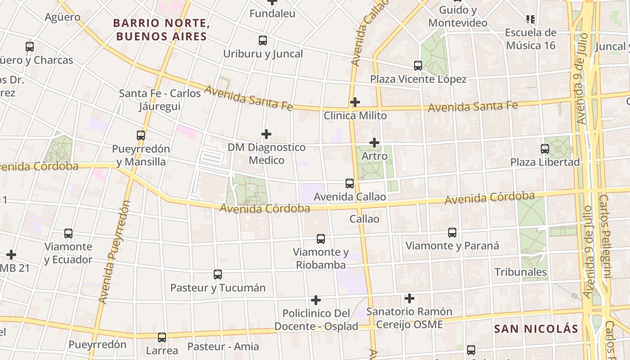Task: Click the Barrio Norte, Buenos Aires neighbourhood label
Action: pos(161,29)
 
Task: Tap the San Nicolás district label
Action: pos(535,328)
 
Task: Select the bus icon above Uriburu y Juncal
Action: pos(263,40)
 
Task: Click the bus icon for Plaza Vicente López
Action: pos(418,66)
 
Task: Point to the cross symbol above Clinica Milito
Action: pos(355,102)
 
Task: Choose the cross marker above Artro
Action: pos(374,143)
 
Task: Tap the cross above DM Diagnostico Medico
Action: pos(266,134)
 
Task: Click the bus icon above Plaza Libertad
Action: pos(545,148)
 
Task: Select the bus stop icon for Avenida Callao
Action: pos(350,184)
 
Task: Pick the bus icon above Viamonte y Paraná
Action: pos(452,233)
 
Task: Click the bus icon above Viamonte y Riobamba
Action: pos(321,239)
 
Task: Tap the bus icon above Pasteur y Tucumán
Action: pos(218,274)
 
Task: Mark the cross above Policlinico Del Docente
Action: pos(316,300)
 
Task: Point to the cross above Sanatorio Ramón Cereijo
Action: pos(409,298)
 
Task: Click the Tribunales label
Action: pos(521,272)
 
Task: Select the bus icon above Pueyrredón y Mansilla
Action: pos(141,135)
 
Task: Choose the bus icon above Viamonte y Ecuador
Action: pos(68,234)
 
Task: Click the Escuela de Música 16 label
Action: pos(531,39)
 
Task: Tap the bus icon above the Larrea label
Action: pos(162,337)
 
